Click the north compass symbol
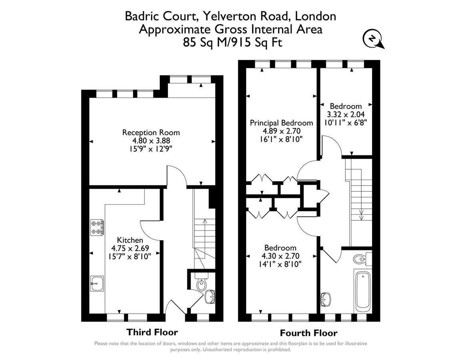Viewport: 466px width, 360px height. [x=372, y=39]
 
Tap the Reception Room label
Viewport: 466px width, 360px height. [x=151, y=132]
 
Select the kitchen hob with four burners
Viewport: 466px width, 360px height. [x=97, y=227]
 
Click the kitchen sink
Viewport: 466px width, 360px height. [x=97, y=284]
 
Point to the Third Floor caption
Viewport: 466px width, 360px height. [x=152, y=332]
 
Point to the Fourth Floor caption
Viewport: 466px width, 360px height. [x=308, y=333]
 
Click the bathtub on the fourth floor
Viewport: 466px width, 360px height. [x=363, y=291]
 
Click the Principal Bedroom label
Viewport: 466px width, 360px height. [x=281, y=123]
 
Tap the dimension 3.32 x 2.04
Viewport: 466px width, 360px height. [x=346, y=114]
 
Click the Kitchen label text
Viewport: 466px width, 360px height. [x=130, y=240]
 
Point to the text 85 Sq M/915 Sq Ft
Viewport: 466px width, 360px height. [x=232, y=42]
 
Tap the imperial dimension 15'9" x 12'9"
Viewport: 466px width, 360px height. [x=151, y=149]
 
